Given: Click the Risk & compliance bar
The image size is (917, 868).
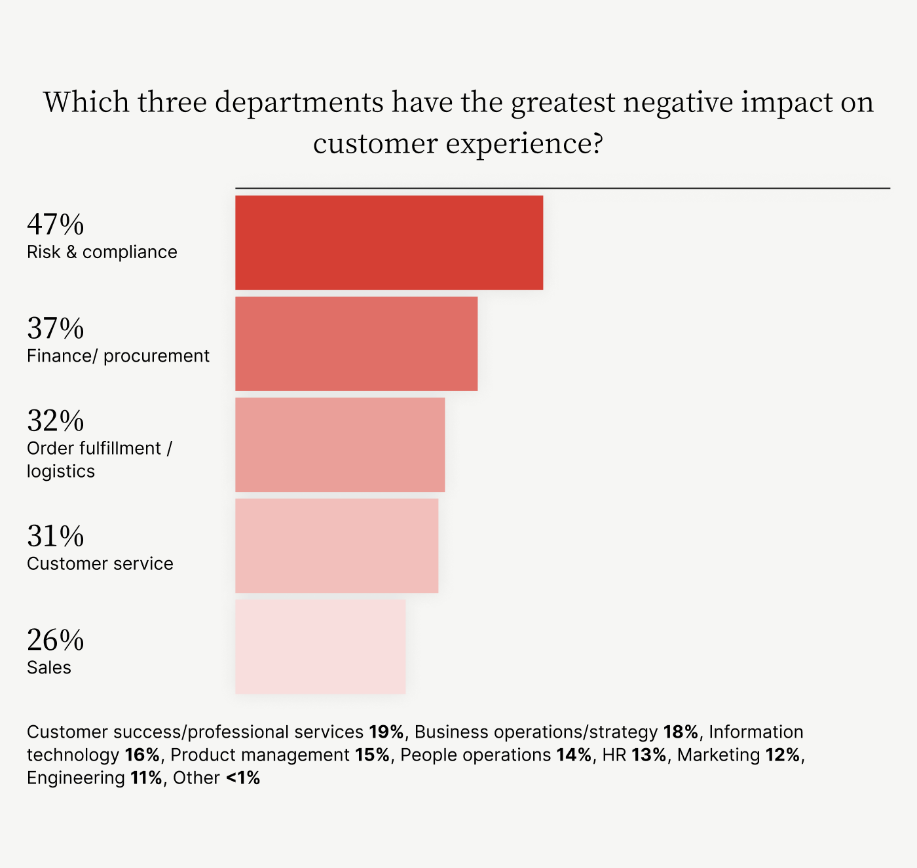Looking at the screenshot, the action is [x=389, y=242].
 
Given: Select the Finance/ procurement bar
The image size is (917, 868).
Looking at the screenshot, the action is [x=356, y=344].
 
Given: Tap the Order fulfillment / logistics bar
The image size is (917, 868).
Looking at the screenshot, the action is [x=340, y=445].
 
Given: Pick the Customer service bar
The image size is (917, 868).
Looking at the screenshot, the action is [x=337, y=546].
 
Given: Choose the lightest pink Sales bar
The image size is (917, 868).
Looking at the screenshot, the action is [x=320, y=647].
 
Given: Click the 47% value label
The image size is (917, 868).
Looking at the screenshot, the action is [x=56, y=225].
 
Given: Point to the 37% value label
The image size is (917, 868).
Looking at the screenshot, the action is [x=56, y=328].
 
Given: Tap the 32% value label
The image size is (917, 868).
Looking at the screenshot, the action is [x=56, y=421].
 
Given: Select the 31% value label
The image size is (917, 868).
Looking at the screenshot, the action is [x=56, y=536].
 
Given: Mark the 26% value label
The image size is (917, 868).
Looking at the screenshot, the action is [x=56, y=640].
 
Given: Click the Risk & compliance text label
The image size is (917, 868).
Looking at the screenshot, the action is [x=102, y=252].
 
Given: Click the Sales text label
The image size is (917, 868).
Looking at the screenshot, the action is [x=49, y=668].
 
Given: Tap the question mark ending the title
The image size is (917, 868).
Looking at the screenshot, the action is [x=597, y=142].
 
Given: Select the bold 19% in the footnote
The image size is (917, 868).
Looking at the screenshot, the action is [x=386, y=732].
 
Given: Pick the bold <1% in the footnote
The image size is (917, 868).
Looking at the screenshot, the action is [x=243, y=778].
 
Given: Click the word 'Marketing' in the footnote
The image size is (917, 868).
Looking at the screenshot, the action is [x=719, y=755].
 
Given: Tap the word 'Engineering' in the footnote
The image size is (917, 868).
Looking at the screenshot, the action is [x=76, y=778].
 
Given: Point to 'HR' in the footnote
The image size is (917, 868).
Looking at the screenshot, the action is [x=614, y=755].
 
